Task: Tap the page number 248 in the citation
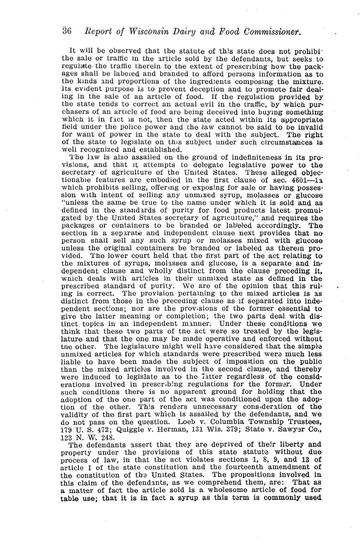click(x=92, y=437)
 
